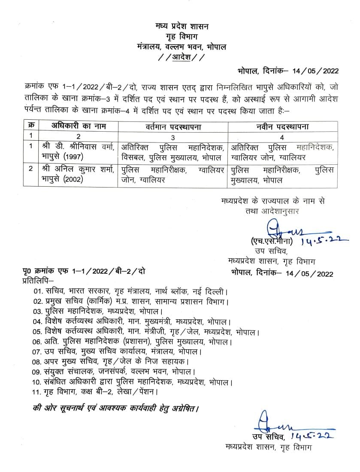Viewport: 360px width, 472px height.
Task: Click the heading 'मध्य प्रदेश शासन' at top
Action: tap(182, 27)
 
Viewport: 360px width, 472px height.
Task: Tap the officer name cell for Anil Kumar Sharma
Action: tap(78, 175)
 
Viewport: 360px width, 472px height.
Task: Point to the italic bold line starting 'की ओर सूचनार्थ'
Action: tap(116, 408)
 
